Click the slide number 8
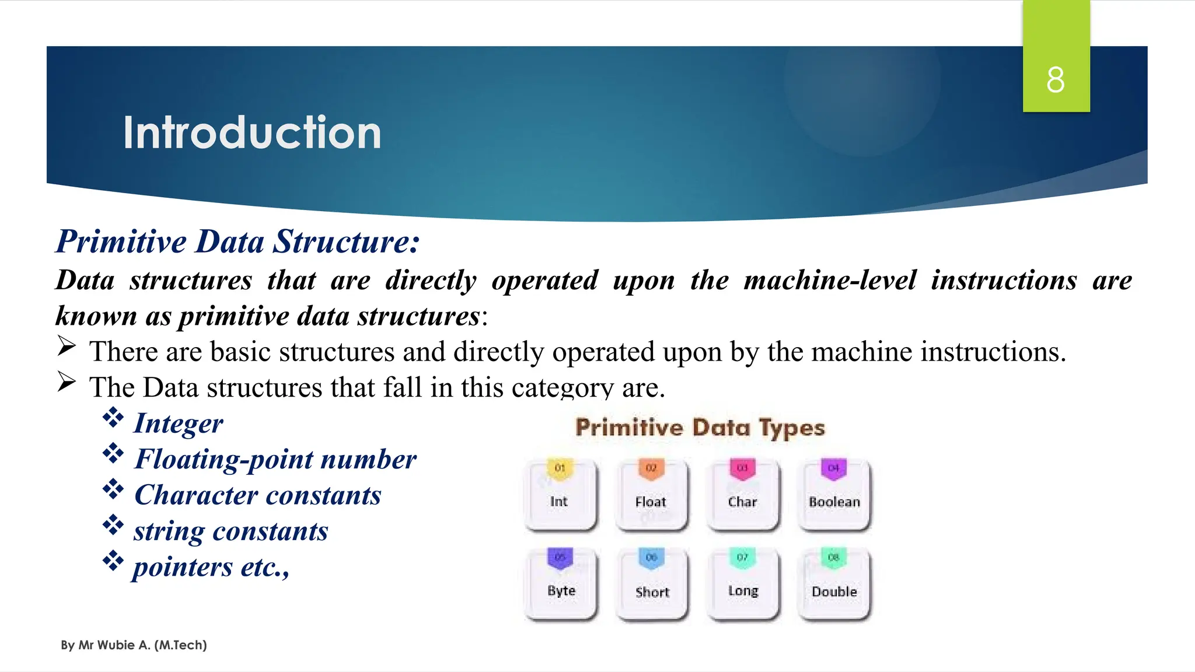click(x=1055, y=80)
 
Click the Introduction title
click(x=252, y=133)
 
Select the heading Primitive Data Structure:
click(x=237, y=242)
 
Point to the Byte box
click(x=561, y=585)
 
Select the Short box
click(x=652, y=585)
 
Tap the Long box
click(x=743, y=585)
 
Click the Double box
click(x=834, y=585)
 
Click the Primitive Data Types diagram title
click(x=700, y=428)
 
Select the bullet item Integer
click(x=179, y=423)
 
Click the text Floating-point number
click(x=275, y=459)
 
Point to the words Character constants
click(x=257, y=495)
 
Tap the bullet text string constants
click(x=231, y=531)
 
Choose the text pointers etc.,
click(x=211, y=567)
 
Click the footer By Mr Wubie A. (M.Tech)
click(x=134, y=645)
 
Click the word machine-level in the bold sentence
click(x=830, y=280)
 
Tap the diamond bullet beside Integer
click(x=113, y=418)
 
